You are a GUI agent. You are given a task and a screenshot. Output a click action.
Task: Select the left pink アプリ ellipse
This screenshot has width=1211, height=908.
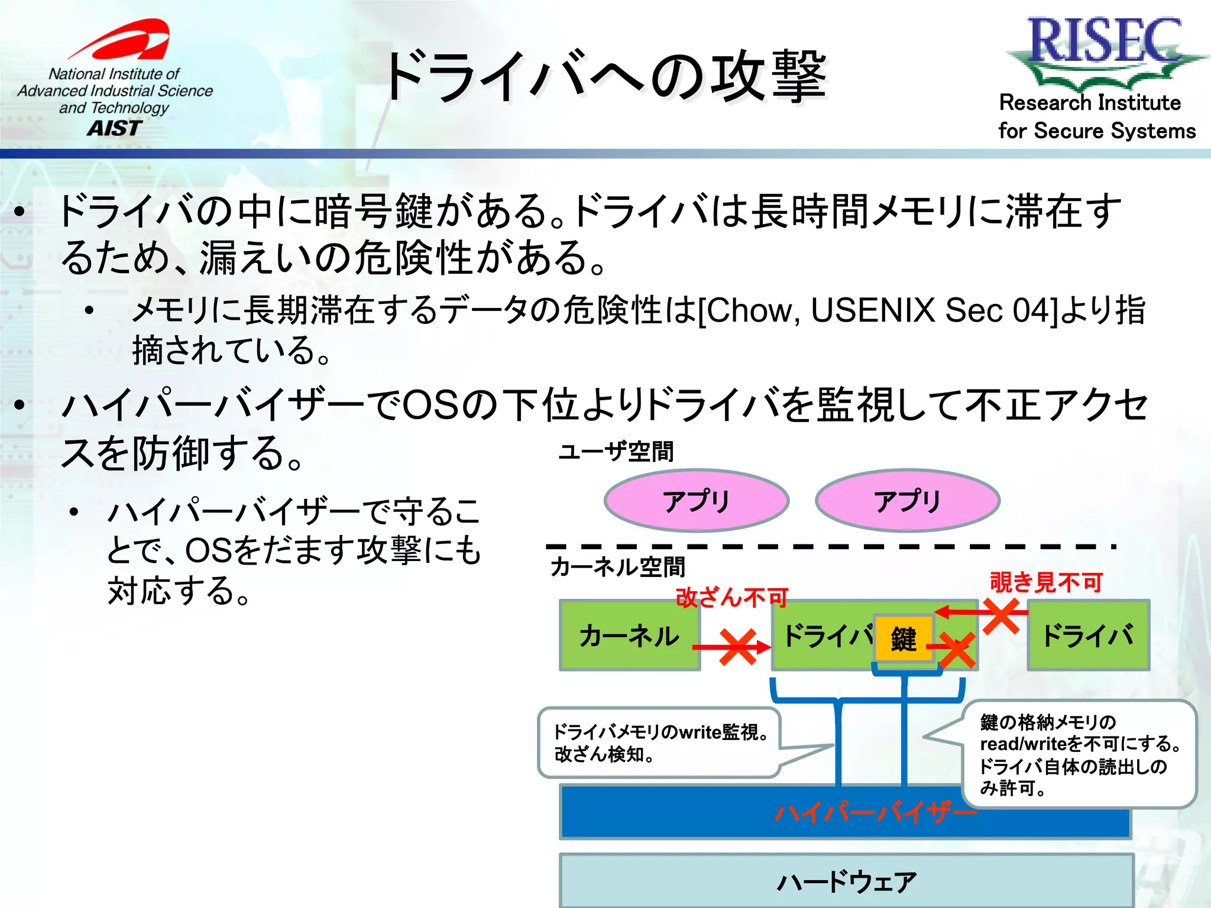696,501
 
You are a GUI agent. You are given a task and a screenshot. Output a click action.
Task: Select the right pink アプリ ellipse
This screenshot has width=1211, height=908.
907,501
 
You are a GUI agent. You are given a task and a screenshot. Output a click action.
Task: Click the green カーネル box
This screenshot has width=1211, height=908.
629,635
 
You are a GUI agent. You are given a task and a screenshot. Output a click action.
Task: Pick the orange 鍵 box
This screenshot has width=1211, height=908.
904,638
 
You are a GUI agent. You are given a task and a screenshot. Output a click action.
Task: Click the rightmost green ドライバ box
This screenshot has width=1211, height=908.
1088,635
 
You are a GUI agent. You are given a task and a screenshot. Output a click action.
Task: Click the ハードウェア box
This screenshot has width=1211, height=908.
846,881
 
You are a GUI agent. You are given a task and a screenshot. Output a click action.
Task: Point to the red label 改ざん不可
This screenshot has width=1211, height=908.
732,598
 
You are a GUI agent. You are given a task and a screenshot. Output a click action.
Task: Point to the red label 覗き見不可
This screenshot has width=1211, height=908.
1046,582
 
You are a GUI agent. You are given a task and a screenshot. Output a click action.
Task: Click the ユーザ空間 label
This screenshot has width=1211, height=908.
616,452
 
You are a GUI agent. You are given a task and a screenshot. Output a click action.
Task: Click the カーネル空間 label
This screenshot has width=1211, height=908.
617,567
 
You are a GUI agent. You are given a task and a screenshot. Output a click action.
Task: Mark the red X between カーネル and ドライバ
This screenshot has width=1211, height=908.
737,647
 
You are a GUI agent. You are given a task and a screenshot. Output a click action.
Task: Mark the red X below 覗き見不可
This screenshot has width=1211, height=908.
1001,615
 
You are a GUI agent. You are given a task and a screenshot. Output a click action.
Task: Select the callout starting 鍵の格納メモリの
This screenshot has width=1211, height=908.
1079,754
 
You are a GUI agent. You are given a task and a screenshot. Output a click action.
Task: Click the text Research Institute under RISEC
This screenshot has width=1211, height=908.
1090,103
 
